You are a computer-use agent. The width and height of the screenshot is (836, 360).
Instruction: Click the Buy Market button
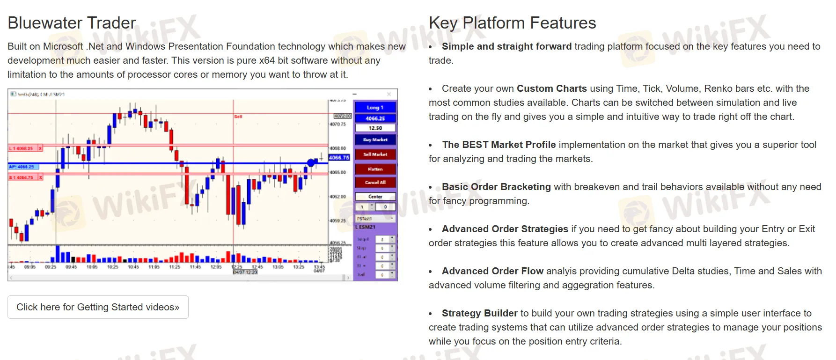click(x=375, y=140)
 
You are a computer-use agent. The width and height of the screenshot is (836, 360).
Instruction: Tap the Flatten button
click(x=375, y=169)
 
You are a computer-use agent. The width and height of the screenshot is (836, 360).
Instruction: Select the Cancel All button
click(x=375, y=183)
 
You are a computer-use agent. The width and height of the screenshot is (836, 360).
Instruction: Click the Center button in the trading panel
click(x=375, y=197)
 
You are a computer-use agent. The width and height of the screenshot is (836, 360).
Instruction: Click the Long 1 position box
click(x=375, y=107)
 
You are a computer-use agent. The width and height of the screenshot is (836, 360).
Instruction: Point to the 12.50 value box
click(x=375, y=128)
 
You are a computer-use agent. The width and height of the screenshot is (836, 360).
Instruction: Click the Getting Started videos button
click(x=98, y=307)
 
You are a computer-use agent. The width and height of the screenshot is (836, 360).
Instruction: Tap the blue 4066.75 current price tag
click(x=339, y=158)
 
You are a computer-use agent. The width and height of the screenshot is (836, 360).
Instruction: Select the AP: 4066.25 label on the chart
click(x=22, y=167)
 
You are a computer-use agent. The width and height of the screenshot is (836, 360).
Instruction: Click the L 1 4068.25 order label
click(x=22, y=148)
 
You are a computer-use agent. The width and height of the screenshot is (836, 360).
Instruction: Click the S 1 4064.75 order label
click(x=22, y=177)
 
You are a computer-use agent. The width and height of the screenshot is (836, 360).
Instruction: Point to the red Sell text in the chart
click(x=238, y=117)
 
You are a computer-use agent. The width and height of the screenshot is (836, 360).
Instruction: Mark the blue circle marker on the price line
click(x=311, y=163)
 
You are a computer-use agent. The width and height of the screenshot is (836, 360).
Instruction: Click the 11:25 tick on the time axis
click(x=175, y=267)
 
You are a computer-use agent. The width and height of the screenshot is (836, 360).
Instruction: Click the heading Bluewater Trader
click(x=72, y=23)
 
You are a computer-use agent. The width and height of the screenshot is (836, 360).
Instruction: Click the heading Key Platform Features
click(x=512, y=23)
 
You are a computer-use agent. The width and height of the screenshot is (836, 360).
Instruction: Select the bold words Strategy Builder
click(x=479, y=313)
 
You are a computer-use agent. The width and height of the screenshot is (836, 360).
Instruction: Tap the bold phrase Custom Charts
click(x=551, y=88)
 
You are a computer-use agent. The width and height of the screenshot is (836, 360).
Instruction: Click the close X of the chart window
click(x=389, y=94)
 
